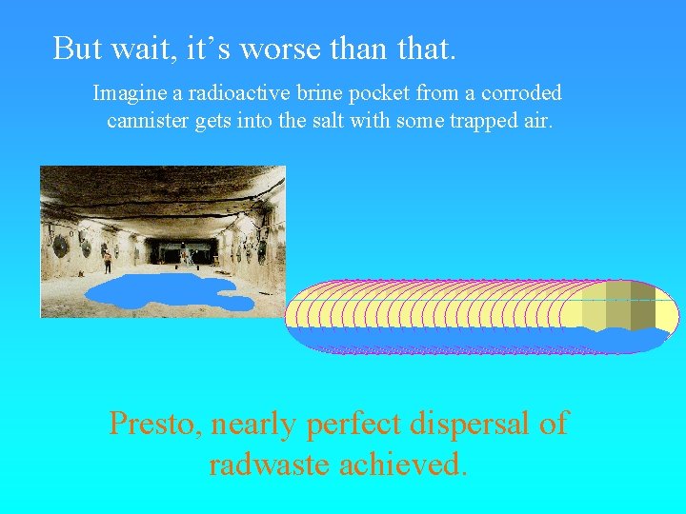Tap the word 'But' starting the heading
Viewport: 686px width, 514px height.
click(x=76, y=48)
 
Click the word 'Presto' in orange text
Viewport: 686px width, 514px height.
click(x=154, y=423)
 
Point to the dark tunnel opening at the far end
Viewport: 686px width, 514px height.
click(x=172, y=252)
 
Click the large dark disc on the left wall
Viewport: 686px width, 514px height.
click(x=61, y=246)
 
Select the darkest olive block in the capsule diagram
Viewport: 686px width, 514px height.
click(x=643, y=305)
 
